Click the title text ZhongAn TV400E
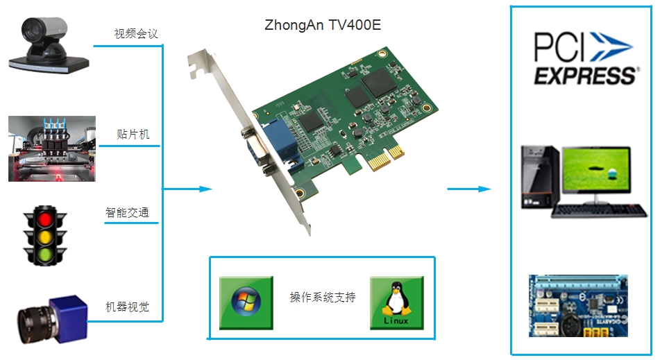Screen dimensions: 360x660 coord(323,26)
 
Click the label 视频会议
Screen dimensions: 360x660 coord(137,33)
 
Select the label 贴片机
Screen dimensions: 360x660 coord(133,134)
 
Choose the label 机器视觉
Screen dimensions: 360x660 coord(127,307)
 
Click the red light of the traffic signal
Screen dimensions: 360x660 coord(46,219)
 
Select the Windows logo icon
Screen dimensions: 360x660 coord(246,302)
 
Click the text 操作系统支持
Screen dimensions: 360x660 coord(323,298)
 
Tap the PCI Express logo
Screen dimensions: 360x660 coord(584,57)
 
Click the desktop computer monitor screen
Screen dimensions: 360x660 coord(595,173)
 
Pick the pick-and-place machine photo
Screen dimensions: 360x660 coord(52,148)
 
